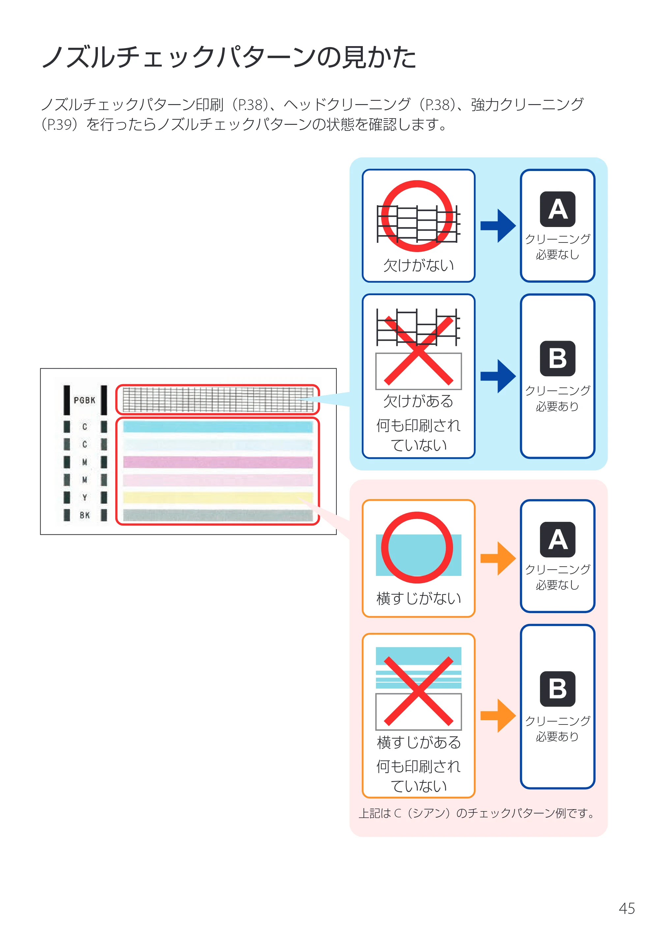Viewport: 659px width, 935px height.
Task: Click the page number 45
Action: (626, 908)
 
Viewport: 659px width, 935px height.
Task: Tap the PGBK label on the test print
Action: (84, 400)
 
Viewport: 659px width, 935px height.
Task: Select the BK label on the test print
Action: (85, 515)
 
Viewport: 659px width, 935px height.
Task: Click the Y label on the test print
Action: (85, 497)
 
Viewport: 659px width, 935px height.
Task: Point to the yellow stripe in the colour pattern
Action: (218, 497)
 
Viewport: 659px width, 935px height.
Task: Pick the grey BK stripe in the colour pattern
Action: (218, 515)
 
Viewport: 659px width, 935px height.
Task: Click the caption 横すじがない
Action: (419, 598)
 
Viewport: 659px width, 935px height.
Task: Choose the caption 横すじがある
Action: (419, 742)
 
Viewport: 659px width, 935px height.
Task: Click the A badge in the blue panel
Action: (558, 209)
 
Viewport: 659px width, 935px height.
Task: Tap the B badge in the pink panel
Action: (558, 689)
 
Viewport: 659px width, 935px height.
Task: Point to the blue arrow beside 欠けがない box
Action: (498, 226)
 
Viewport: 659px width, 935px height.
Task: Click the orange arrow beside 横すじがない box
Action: (498, 558)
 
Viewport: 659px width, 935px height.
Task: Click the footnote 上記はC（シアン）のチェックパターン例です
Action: (476, 813)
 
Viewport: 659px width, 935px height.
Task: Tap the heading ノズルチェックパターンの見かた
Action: (229, 57)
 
